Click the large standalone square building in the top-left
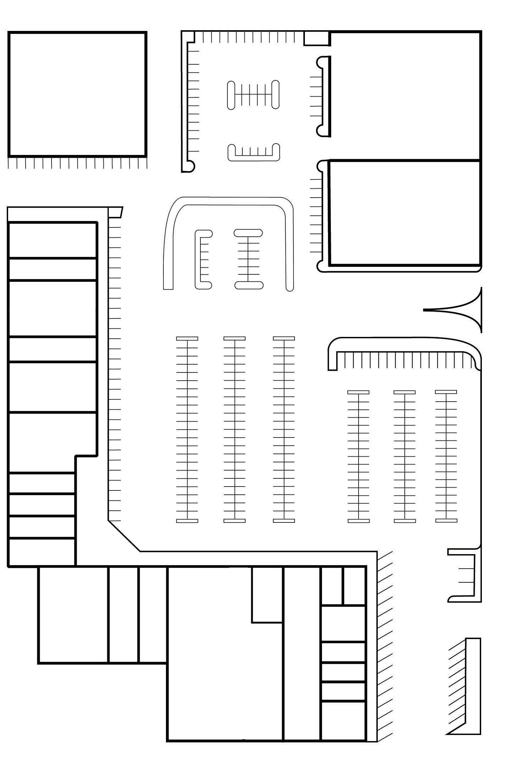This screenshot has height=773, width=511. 77,94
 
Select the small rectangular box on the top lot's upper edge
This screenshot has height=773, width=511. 316,38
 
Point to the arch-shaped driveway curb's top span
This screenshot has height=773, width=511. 231,201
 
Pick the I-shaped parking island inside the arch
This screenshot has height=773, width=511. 248,259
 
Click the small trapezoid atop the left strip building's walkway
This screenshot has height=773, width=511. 115,212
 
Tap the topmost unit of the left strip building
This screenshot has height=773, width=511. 52,240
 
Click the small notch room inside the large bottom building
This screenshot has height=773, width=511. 267,595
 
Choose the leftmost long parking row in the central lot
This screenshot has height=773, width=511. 187,429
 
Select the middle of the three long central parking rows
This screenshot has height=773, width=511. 234,429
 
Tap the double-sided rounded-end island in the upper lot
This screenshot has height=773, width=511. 253,95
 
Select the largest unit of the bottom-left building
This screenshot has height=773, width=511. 73,615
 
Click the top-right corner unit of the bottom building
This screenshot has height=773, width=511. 354,586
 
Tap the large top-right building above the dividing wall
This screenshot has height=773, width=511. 405,96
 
